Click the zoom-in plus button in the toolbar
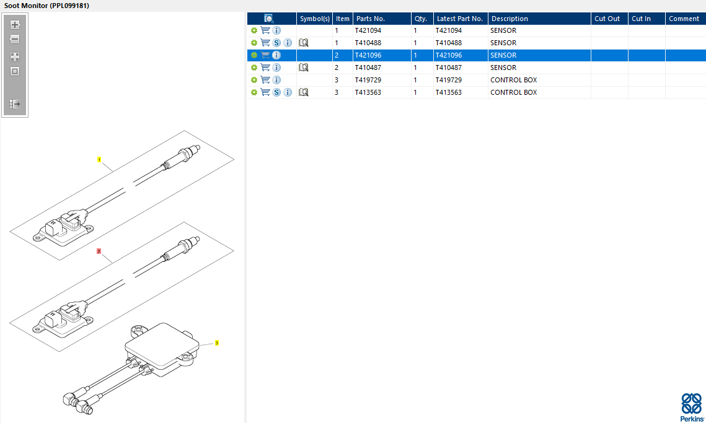(x=15, y=25)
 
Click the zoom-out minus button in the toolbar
(x=15, y=39)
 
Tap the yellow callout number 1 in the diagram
(x=99, y=160)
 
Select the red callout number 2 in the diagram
(x=99, y=251)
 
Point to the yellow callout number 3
(x=216, y=343)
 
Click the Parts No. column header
(x=371, y=19)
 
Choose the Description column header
(x=510, y=19)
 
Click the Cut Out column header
(x=607, y=19)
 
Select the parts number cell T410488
(x=368, y=43)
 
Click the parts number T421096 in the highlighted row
(x=368, y=55)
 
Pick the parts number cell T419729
(x=368, y=80)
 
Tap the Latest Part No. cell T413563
(x=448, y=92)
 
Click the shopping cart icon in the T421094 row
(x=266, y=30)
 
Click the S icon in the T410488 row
(x=276, y=43)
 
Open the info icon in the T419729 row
(x=276, y=80)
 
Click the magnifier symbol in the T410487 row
(x=304, y=68)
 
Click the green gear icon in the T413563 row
(x=254, y=92)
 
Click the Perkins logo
(x=692, y=408)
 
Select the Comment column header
(x=684, y=19)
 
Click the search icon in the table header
(x=269, y=19)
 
